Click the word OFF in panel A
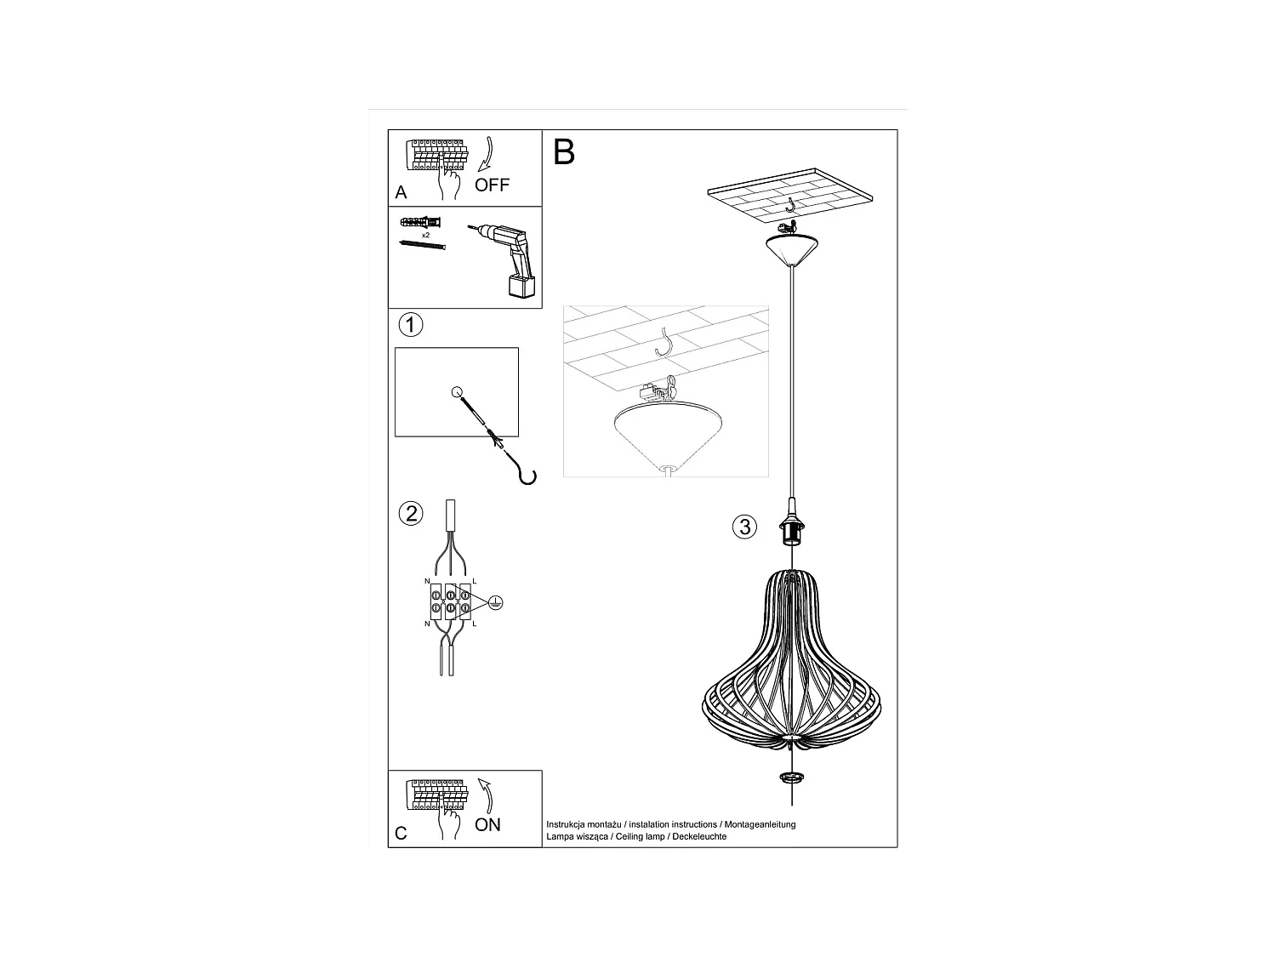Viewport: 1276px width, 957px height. pos(492,185)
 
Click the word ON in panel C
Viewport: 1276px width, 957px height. pos(487,824)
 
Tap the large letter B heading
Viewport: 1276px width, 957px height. pos(564,151)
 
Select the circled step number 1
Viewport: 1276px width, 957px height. pos(411,324)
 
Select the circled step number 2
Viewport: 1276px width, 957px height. pos(411,514)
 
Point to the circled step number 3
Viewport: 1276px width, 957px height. pos(744,527)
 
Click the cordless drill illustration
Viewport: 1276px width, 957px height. pos(507,259)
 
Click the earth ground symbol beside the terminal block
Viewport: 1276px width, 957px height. pos(497,602)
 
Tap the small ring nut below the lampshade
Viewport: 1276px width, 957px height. pos(792,778)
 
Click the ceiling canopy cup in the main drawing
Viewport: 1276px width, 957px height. pos(791,248)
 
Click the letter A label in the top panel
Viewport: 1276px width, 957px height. pos(402,193)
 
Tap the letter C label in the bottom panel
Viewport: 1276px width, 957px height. pos(402,833)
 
